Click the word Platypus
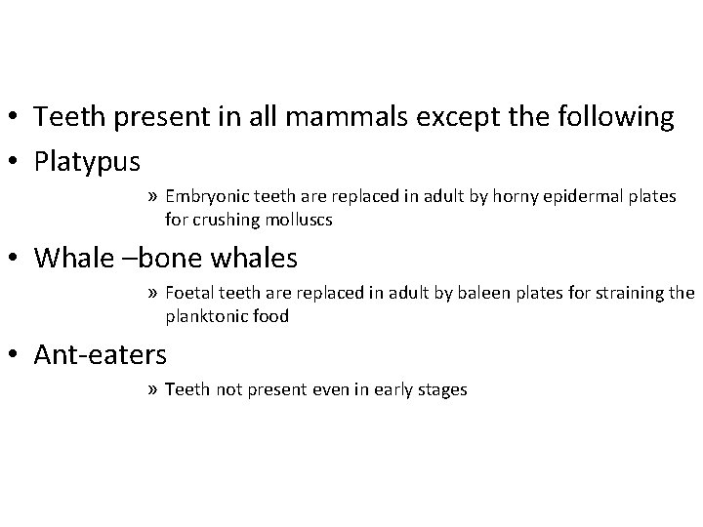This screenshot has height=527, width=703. pos(87,159)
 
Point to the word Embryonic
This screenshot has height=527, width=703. pos(208,196)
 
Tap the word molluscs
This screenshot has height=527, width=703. pos(301,220)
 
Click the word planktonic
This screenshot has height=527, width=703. pos(209,316)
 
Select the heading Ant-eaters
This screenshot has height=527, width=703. pos(100,353)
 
